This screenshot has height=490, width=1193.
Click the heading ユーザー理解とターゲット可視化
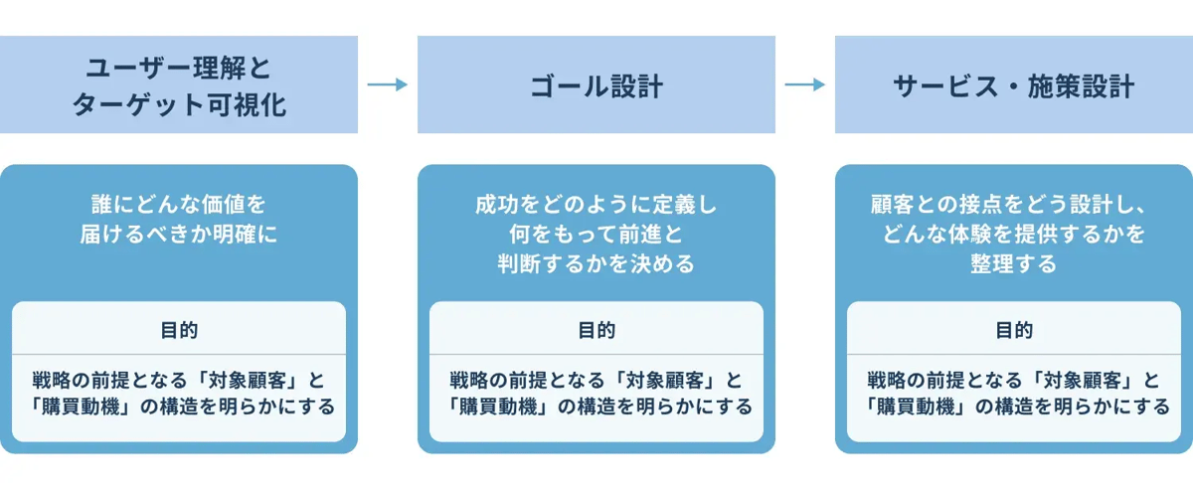tap(179, 85)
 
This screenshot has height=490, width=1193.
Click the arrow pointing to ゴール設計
tap(387, 84)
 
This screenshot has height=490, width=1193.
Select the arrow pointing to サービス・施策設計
tap(804, 84)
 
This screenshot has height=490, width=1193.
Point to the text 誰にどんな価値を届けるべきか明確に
tap(179, 220)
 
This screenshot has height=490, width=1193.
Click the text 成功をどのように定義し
tap(596, 206)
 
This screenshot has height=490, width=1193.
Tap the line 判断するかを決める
tap(596, 264)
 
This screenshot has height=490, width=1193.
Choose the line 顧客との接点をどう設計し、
tap(1014, 206)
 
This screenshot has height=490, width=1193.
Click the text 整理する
tap(1014, 264)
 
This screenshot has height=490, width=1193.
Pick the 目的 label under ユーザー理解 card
tap(179, 330)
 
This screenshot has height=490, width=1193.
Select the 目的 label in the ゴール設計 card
tap(596, 330)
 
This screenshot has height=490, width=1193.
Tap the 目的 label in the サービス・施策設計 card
tap(1014, 330)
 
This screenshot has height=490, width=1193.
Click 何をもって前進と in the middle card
tap(596, 236)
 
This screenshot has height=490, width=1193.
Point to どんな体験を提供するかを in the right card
tap(1014, 236)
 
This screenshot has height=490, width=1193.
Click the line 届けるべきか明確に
tap(179, 236)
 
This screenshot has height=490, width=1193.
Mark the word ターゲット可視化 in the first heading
tap(179, 104)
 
